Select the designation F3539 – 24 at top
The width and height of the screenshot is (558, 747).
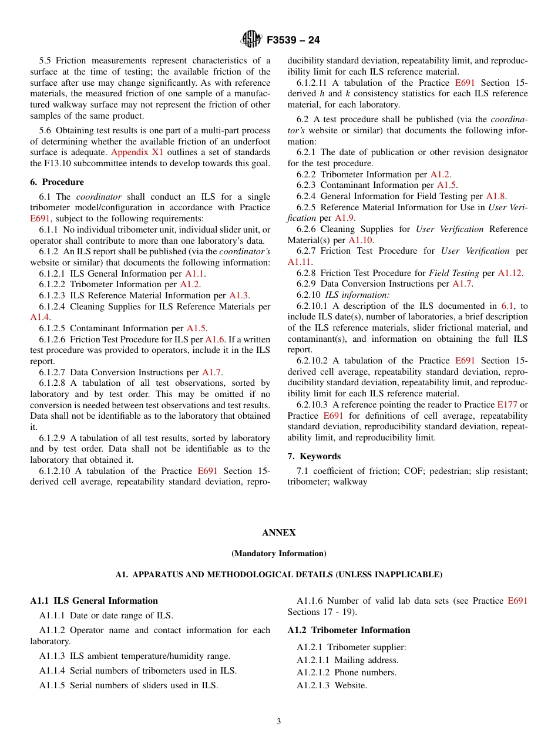pyautogui.click(x=293, y=41)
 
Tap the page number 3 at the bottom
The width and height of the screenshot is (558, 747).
pyautogui.click(x=279, y=722)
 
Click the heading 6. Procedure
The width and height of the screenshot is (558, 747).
pyautogui.click(x=57, y=182)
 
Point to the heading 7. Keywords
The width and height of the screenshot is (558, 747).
pyautogui.click(x=314, y=456)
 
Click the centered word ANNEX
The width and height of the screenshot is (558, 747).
pyautogui.click(x=278, y=533)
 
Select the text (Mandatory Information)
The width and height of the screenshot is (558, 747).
pyautogui.click(x=278, y=553)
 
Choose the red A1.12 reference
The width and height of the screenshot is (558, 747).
pyautogui.click(x=510, y=273)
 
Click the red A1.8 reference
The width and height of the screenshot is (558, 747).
pyautogui.click(x=496, y=196)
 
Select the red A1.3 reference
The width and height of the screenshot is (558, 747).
pyautogui.click(x=238, y=295)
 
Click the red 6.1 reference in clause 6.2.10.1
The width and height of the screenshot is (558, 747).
pyautogui.click(x=507, y=306)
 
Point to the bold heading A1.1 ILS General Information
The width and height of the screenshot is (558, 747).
pyautogui.click(x=94, y=601)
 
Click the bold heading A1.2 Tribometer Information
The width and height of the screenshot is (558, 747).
pyautogui.click(x=349, y=630)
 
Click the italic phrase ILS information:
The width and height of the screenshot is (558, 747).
pyautogui.click(x=357, y=295)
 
